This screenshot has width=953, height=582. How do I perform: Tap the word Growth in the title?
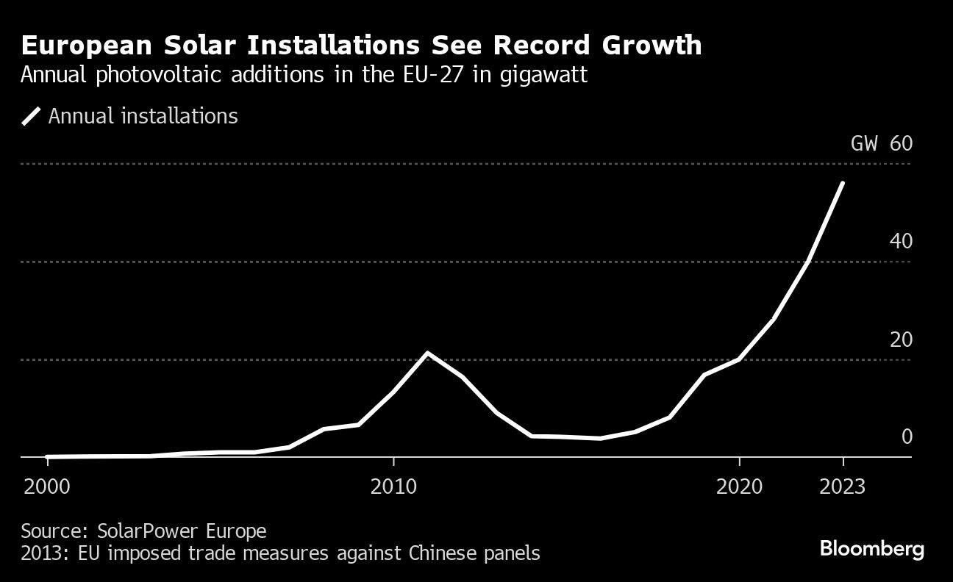pyautogui.click(x=652, y=46)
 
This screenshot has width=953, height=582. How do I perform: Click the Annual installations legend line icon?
pyautogui.click(x=32, y=116)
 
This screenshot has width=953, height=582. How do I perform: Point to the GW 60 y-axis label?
pyautogui.click(x=881, y=143)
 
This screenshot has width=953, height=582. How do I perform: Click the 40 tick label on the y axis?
pyautogui.click(x=901, y=241)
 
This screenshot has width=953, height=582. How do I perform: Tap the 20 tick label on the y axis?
pyautogui.click(x=901, y=339)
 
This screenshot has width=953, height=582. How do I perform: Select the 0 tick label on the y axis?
pyautogui.click(x=907, y=436)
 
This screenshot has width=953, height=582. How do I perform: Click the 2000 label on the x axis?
pyautogui.click(x=48, y=486)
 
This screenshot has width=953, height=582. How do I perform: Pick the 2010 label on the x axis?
pyautogui.click(x=394, y=486)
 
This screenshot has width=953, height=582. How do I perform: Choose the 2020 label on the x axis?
pyautogui.click(x=739, y=486)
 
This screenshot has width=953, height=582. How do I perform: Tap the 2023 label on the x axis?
pyautogui.click(x=843, y=486)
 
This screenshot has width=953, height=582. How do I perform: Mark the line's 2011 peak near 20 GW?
pyautogui.click(x=428, y=353)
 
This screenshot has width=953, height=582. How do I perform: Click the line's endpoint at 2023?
pyautogui.click(x=843, y=183)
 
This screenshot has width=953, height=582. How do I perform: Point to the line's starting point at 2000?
pyautogui.click(x=48, y=456)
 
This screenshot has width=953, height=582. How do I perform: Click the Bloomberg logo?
pyautogui.click(x=871, y=549)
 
